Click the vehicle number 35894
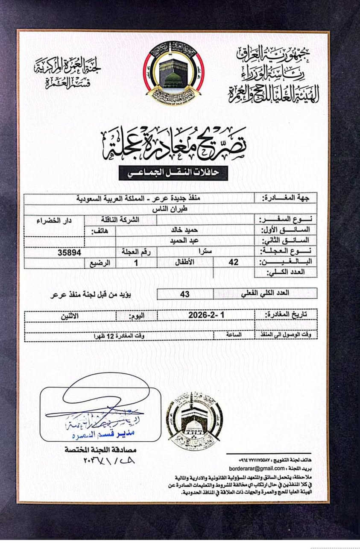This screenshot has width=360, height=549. click(x=69, y=252)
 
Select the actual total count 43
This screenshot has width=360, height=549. click(x=185, y=294)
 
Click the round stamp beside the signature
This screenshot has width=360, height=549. click(x=194, y=421)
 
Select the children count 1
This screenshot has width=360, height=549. click(x=136, y=263)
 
